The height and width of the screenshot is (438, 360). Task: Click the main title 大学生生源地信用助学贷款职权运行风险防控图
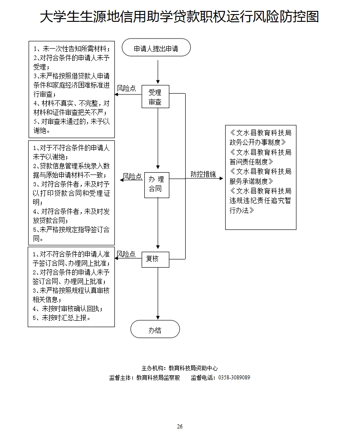179,17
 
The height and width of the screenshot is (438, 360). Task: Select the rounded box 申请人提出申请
156,48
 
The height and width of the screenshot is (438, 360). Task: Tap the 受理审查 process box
155,97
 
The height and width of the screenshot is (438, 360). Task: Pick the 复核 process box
155,259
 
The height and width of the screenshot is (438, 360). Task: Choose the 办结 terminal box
155,330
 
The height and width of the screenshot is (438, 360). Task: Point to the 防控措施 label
203,174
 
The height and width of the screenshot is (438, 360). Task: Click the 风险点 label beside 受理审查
127,88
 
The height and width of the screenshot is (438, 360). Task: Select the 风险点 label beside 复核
126,254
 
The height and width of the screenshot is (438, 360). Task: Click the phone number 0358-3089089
234,378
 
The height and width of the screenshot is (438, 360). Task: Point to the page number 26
180,426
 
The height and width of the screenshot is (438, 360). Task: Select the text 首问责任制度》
252,161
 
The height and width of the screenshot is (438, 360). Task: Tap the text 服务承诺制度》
252,181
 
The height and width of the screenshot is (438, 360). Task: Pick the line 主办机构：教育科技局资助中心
180,368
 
